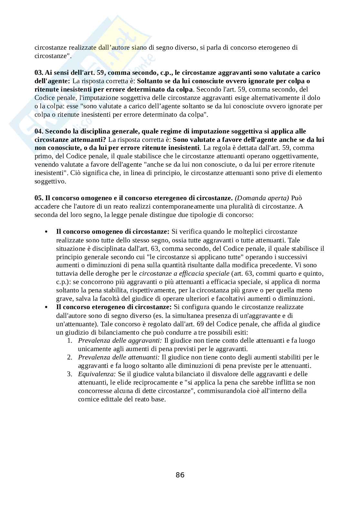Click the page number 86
tap(180, 475)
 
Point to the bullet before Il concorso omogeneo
tap(47, 232)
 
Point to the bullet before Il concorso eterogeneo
tap(47, 308)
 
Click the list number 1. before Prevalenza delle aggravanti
tap(70, 341)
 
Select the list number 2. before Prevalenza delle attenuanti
tap(70, 357)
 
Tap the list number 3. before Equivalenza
tap(70, 374)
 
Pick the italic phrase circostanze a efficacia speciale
tap(184, 274)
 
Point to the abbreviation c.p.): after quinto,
tap(63, 282)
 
